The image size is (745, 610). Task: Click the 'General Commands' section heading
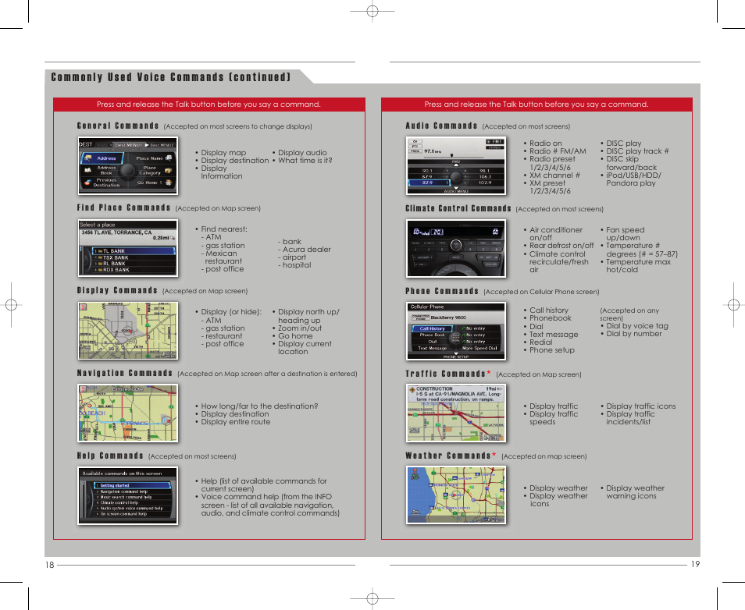click(x=118, y=126)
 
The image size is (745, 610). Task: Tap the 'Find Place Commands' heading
click(x=123, y=208)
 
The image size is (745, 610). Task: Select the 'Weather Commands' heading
click(x=447, y=456)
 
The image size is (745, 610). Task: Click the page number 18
click(x=50, y=566)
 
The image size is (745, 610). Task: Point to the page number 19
click(x=695, y=566)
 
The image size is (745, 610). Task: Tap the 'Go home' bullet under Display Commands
click(x=296, y=336)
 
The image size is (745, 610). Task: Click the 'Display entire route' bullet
click(x=235, y=422)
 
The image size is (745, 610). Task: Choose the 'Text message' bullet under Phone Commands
click(x=554, y=335)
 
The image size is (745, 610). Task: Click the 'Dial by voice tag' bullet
click(x=635, y=326)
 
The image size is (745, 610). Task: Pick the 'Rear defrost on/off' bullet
click(x=561, y=246)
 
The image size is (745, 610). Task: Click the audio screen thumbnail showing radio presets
click(x=455, y=166)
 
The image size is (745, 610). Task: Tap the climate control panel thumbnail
click(x=455, y=249)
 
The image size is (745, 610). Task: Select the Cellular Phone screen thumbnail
click(x=455, y=332)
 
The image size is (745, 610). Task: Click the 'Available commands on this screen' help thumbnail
click(x=128, y=496)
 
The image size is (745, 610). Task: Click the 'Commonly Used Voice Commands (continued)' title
click(x=171, y=77)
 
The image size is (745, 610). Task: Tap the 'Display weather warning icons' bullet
click(x=633, y=492)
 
